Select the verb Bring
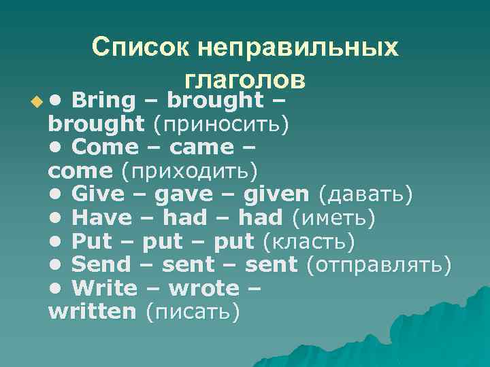tap(103, 101)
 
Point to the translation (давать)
tap(365, 195)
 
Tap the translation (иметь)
tap(333, 217)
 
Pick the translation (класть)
tap(308, 241)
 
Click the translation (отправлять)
tap(378, 265)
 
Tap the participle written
tap(93, 312)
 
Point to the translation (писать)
tap(192, 312)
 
